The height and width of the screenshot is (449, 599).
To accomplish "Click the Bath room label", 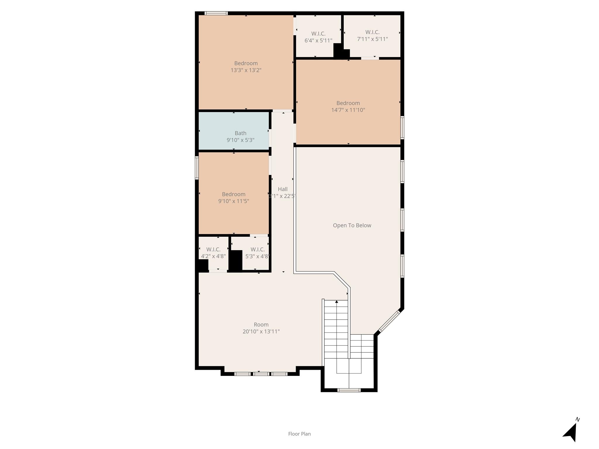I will pos(240,133).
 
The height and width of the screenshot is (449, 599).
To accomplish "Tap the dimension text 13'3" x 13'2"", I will pos(246,70).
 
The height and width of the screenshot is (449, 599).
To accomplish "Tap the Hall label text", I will pos(283,189).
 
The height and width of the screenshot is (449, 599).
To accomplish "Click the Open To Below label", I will pos(352,225).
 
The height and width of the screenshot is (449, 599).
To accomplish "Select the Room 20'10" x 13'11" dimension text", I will pos(261,331).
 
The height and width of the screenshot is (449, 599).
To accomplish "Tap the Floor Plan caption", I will pos(299,434).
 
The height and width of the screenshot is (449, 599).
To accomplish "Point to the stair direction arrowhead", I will pos(337,301).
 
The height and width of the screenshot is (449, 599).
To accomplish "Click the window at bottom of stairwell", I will pos(349,390).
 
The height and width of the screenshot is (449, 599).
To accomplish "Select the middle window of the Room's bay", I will pos(261,374).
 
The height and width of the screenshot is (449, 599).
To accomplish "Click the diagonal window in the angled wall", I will pos(389,321).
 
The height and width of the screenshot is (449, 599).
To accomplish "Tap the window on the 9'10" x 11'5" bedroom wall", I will pos(197,168).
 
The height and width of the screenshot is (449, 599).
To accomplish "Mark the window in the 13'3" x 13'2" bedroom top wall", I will pos(216,13).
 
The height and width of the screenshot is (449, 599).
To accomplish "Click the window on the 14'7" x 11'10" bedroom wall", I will pos(402,127).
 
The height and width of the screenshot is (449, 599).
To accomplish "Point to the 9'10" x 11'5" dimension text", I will pos(233,201).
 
